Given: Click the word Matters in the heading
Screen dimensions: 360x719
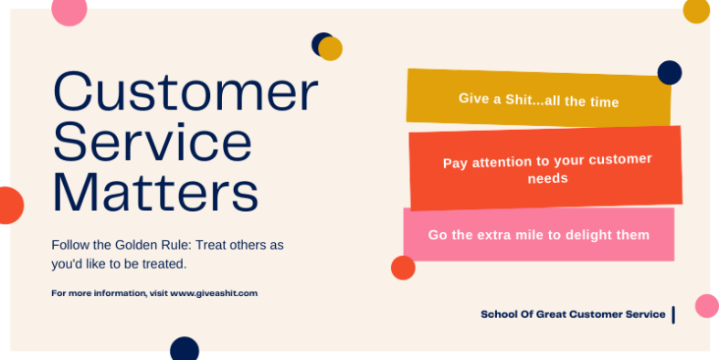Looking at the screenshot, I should point(155,193).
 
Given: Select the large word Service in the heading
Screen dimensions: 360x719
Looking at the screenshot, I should point(152,143).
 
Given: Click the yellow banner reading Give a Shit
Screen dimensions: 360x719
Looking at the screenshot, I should point(538,98).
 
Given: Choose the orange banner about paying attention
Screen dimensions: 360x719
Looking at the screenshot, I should point(545,167).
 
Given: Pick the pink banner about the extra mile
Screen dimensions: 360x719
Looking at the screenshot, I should point(538,235).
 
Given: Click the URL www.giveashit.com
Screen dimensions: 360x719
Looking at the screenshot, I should point(214,293).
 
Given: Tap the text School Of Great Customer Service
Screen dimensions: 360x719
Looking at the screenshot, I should point(573,314).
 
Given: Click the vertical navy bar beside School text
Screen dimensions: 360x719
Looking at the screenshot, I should point(673,314).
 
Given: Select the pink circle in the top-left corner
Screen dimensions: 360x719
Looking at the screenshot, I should point(69,9).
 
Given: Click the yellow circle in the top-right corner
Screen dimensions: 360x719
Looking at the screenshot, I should point(696,10).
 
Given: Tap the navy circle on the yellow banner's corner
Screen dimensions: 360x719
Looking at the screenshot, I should point(670,72).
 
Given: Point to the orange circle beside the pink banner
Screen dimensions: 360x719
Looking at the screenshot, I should point(403,268).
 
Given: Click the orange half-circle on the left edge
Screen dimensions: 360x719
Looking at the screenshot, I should point(9,206).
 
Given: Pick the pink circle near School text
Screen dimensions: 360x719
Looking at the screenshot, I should point(706,305).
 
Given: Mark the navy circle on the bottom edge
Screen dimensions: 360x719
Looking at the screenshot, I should point(185,348).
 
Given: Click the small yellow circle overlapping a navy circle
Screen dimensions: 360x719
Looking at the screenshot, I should point(331,49).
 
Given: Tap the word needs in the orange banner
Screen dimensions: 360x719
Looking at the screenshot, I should point(548,178).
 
